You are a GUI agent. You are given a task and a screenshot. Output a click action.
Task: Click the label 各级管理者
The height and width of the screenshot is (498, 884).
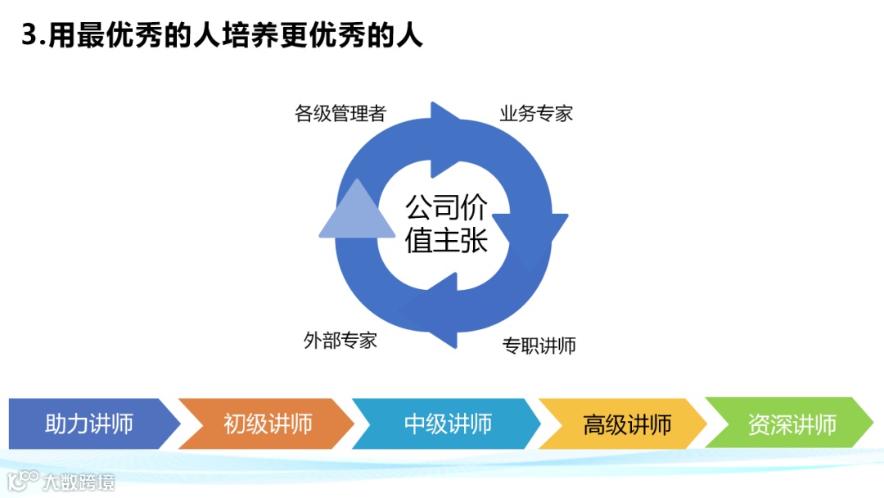tap(340, 114)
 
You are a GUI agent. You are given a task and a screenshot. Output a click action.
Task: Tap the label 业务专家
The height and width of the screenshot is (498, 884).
tap(536, 114)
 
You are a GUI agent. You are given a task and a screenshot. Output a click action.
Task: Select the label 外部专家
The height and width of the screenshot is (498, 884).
tap(341, 341)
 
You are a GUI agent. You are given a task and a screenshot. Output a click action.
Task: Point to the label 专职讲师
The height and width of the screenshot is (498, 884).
tap(539, 346)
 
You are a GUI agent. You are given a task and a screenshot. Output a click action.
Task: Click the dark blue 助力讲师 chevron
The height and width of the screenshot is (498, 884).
tap(90, 424)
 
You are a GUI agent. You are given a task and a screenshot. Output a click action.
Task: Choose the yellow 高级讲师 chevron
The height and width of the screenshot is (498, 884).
tap(627, 424)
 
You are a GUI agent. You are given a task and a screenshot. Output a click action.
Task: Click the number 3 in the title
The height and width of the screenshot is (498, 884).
tap(30, 36)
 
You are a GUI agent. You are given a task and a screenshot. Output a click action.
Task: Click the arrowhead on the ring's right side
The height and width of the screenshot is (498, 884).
tap(540, 233)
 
